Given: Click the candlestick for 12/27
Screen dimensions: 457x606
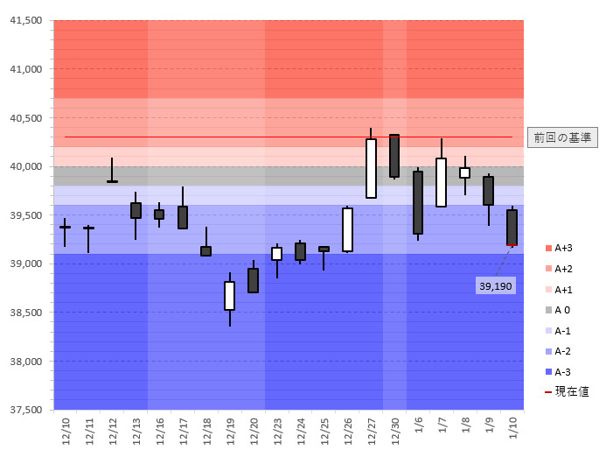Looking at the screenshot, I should (371, 168).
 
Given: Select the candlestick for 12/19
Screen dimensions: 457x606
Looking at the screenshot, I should (229, 296).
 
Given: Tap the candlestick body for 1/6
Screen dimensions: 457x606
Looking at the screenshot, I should (418, 202).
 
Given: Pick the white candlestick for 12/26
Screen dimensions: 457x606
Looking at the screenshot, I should (347, 229).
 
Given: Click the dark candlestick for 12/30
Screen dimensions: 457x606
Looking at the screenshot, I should (394, 156).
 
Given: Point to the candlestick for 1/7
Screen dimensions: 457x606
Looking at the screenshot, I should (442, 182).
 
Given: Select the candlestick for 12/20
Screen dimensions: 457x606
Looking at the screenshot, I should (253, 280).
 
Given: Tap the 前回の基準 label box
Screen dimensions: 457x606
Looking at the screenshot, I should (562, 137).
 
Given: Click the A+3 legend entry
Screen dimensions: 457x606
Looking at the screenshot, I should (561, 248).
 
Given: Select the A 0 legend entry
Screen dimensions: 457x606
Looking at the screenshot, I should (561, 310).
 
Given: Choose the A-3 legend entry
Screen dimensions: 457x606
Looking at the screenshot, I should (561, 372).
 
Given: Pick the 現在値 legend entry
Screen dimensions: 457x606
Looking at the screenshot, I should (565, 392).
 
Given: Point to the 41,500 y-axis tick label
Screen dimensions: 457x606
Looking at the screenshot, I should (25, 21).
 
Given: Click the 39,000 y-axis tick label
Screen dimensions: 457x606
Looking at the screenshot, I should (25, 264).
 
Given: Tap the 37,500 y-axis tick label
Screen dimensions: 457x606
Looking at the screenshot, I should (25, 410).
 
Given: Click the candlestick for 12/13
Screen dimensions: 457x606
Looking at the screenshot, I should (136, 210).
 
